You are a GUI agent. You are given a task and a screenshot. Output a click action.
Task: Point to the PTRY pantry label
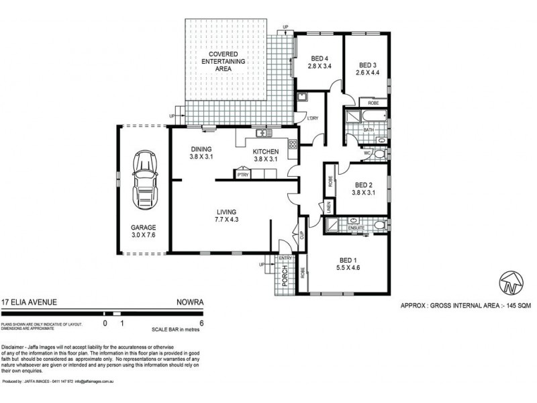click(242, 175)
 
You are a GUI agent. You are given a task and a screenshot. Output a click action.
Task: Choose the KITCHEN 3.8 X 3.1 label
click(269, 156)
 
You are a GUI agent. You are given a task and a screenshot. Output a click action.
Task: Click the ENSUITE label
click(356, 228)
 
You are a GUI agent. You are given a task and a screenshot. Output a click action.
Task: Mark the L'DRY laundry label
click(312, 119)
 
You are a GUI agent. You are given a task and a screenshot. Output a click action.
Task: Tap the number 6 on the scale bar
click(202, 323)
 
